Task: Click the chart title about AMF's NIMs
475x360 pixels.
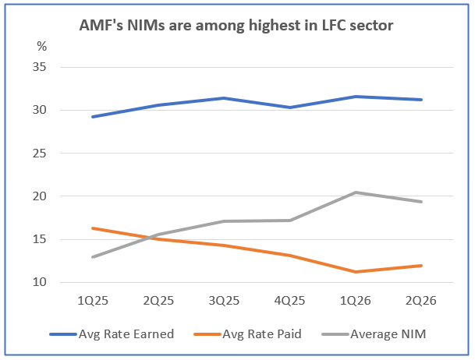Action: (237, 25)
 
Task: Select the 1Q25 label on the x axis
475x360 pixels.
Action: (92, 300)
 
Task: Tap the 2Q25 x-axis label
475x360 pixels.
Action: (158, 300)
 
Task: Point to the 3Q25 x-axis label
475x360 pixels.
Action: (225, 300)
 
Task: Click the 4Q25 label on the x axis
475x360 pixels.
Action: (290, 300)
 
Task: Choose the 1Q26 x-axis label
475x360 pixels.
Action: (356, 300)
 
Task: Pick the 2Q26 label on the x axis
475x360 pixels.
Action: (422, 300)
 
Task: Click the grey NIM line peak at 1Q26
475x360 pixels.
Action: (356, 192)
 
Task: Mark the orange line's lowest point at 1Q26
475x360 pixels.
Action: (356, 272)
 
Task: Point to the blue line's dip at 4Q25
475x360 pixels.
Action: (290, 108)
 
